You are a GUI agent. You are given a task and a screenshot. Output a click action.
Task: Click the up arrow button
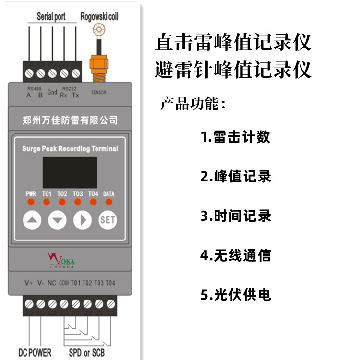tap(32, 220)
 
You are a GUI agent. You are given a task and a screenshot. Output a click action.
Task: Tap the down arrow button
tap(58, 220)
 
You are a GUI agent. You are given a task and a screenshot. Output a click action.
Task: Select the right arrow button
tap(83, 220)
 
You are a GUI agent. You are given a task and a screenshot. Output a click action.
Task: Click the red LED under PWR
tap(30, 202)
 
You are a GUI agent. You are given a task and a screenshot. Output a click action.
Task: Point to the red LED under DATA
tap(108, 202)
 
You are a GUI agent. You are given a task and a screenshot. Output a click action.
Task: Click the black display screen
tap(70, 172)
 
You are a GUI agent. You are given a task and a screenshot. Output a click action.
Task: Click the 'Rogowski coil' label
tap(99, 17)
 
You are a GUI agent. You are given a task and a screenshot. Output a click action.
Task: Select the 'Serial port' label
tap(51, 17)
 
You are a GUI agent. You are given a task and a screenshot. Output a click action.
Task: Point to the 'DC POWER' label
tap(35, 353)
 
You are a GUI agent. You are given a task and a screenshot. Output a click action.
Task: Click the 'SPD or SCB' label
tap(87, 353)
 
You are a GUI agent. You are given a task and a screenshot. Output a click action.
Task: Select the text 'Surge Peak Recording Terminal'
tap(70, 149)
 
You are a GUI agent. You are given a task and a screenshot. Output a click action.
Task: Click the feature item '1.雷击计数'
tap(235, 137)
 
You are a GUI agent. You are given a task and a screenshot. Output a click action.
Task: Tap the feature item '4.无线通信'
tap(235, 255)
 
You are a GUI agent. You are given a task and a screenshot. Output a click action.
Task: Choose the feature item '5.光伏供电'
tap(235, 295)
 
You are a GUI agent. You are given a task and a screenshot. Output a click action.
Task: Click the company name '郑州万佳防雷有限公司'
tap(70, 120)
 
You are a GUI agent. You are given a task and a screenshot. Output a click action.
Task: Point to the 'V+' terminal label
tap(29, 283)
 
